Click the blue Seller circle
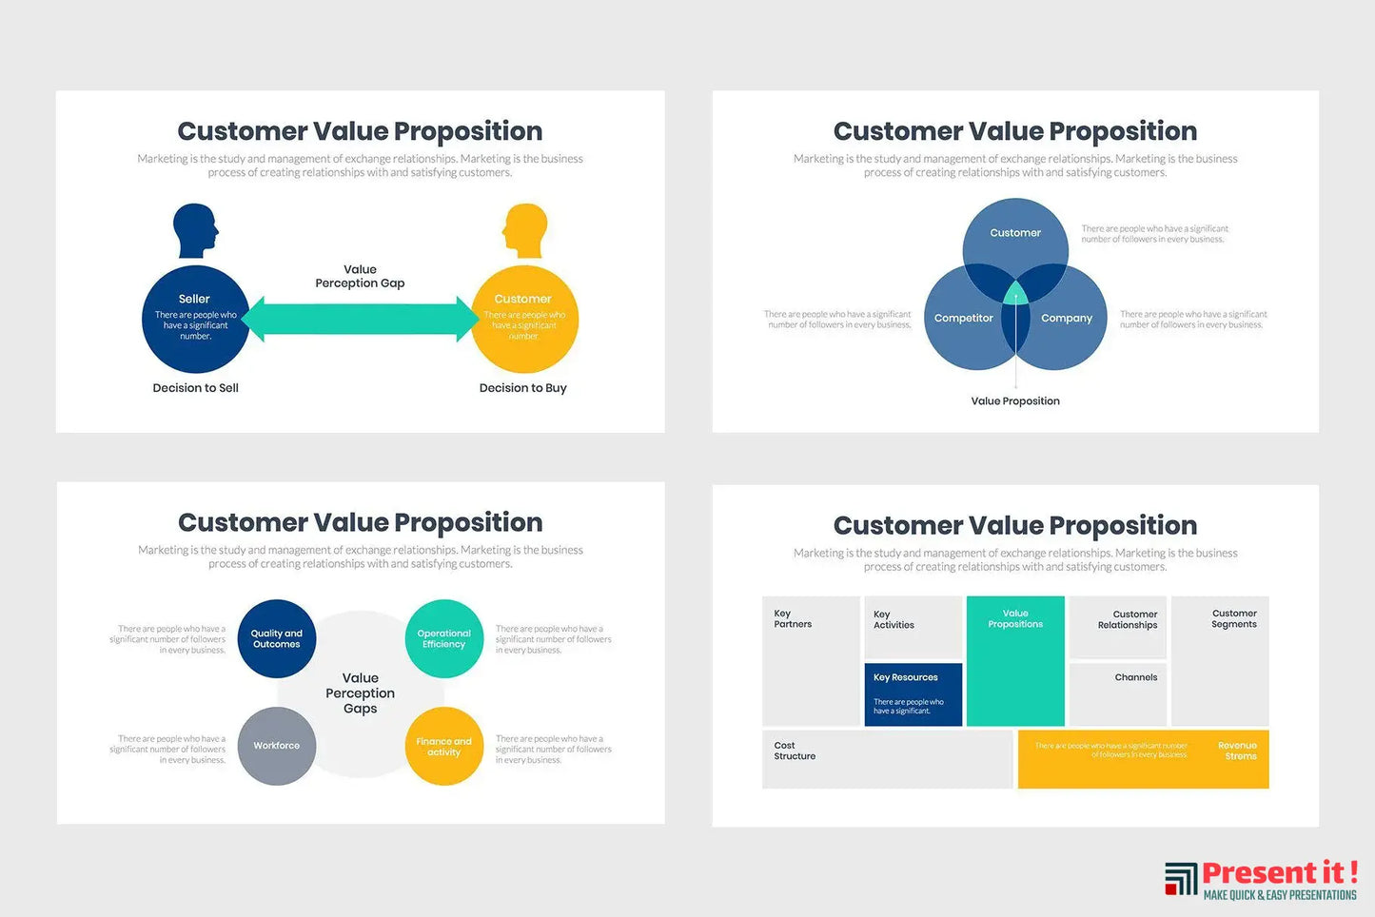click(195, 320)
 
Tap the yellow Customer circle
click(524, 320)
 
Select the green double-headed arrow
click(361, 319)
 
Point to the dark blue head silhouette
click(195, 230)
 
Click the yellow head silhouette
click(524, 230)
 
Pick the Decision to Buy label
click(522, 388)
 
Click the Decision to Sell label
click(195, 388)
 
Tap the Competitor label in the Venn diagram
click(963, 319)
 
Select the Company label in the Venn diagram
click(1067, 319)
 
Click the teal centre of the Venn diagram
click(1015, 293)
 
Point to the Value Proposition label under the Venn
click(1015, 401)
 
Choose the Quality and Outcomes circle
click(277, 639)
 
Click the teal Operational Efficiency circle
click(443, 639)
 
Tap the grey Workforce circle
click(277, 746)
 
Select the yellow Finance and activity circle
click(443, 747)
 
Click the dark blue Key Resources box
click(913, 694)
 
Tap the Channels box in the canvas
click(1118, 693)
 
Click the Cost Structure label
click(795, 751)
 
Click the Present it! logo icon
click(1181, 879)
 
